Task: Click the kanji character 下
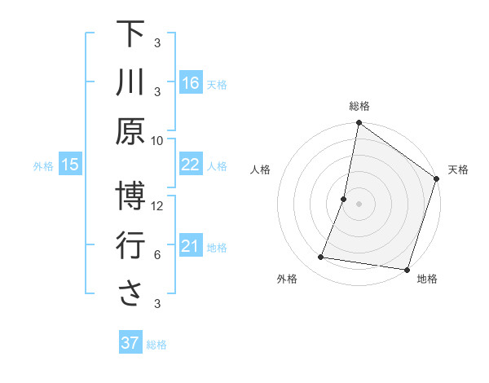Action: (130, 35)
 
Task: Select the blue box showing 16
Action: (191, 82)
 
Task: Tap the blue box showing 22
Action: (191, 165)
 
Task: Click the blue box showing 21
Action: (191, 246)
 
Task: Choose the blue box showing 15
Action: (70, 165)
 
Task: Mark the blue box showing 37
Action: (130, 343)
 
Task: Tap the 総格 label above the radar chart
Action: (359, 106)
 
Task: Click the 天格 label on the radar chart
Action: (458, 169)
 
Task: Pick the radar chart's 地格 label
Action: (427, 279)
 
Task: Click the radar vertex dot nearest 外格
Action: (321, 258)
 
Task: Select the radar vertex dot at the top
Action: (359, 124)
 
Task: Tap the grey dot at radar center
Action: (359, 204)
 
